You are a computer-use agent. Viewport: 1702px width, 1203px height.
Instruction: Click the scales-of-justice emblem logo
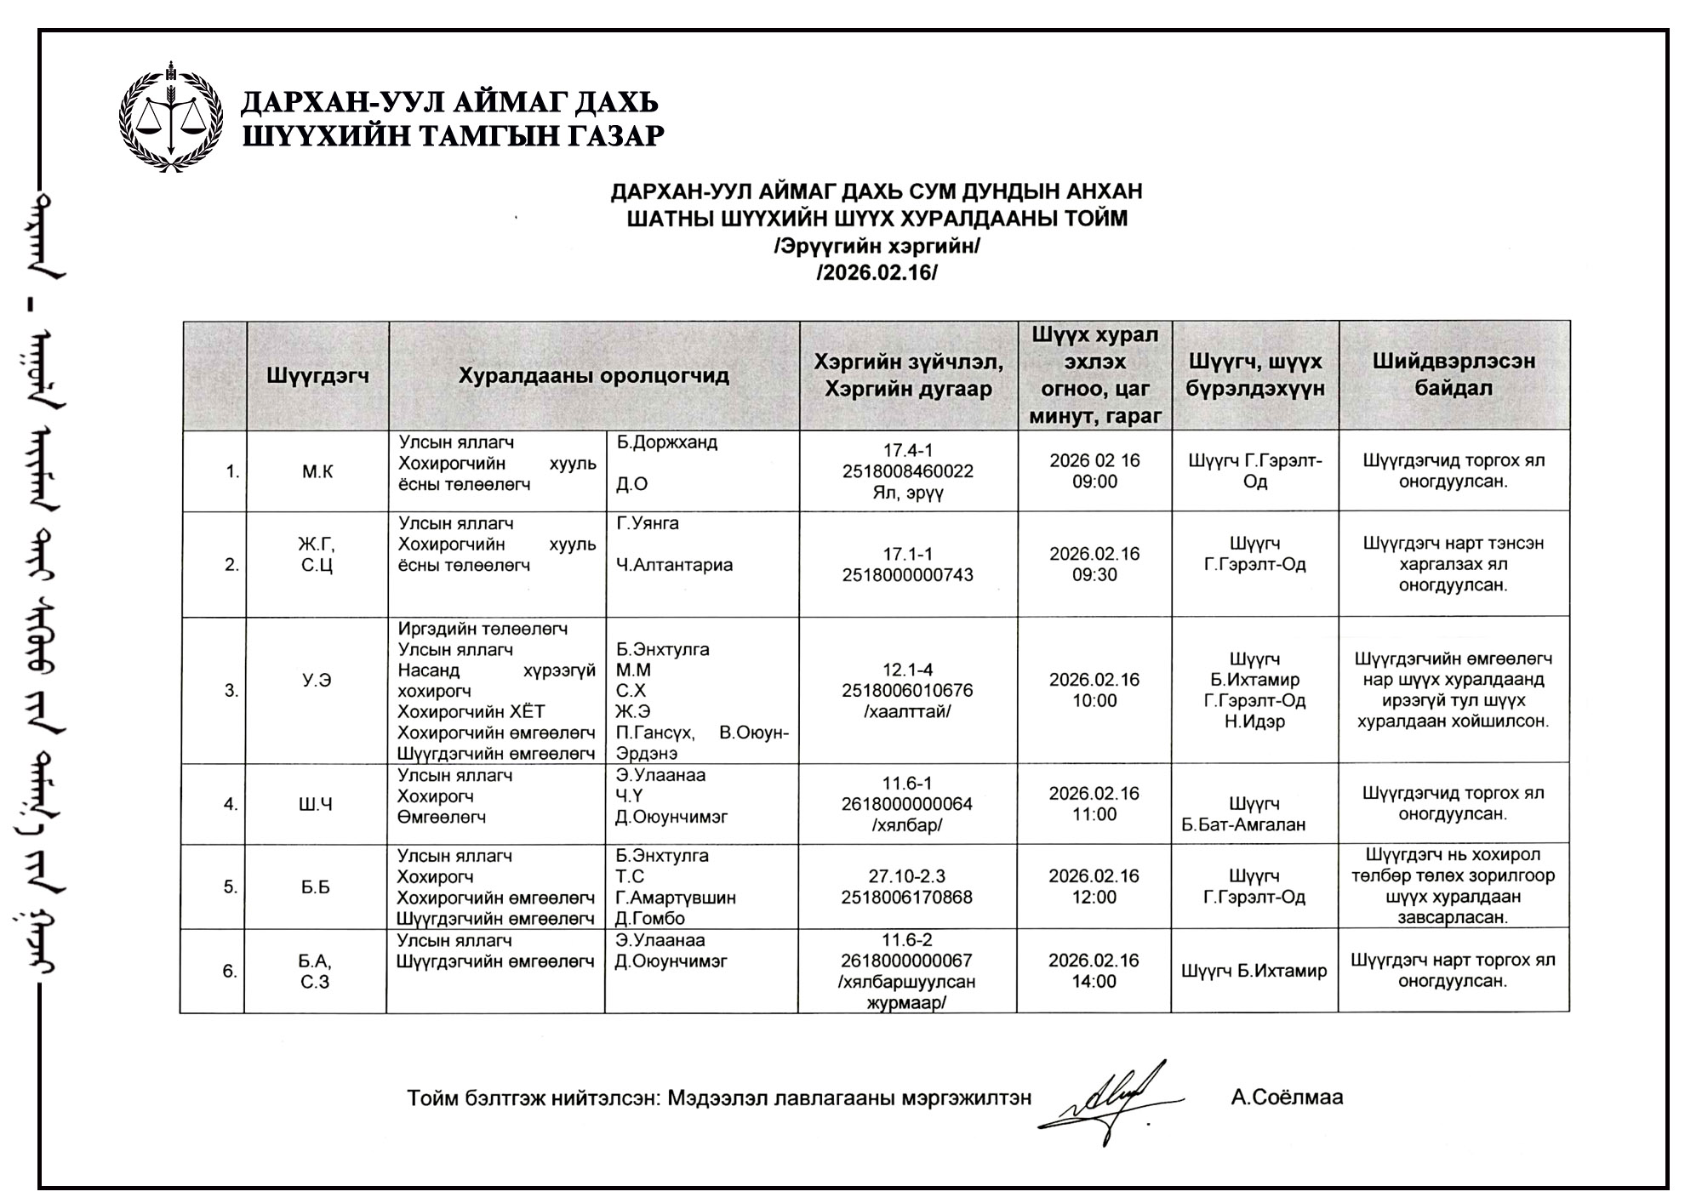(x=172, y=117)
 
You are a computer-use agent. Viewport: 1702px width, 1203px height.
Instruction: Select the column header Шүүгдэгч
(x=317, y=375)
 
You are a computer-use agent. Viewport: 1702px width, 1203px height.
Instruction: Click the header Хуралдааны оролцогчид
(x=593, y=375)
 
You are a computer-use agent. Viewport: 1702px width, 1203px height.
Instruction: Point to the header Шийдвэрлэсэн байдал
(x=1454, y=374)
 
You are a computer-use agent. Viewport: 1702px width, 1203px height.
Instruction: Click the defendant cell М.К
(x=317, y=471)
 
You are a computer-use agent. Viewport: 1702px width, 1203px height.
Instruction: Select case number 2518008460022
(x=907, y=471)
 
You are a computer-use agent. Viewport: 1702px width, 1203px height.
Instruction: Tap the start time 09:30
(x=1094, y=574)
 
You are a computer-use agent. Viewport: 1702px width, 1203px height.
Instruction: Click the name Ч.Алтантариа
(x=674, y=565)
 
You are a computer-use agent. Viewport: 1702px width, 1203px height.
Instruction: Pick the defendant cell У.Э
(x=317, y=680)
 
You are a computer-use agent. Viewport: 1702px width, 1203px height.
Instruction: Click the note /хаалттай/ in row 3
(x=907, y=711)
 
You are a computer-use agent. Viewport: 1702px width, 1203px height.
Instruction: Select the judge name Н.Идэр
(x=1255, y=721)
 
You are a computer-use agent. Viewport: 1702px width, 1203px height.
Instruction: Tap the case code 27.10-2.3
(x=907, y=876)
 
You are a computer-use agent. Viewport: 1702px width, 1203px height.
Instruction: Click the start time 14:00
(x=1094, y=981)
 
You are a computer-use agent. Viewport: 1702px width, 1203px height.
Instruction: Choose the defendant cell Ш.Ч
(x=316, y=804)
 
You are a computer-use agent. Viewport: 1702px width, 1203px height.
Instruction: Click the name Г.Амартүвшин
(x=676, y=898)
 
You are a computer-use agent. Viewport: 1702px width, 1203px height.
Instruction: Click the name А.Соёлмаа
(x=1287, y=1098)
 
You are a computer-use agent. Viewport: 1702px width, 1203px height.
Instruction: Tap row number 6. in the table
(x=230, y=971)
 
